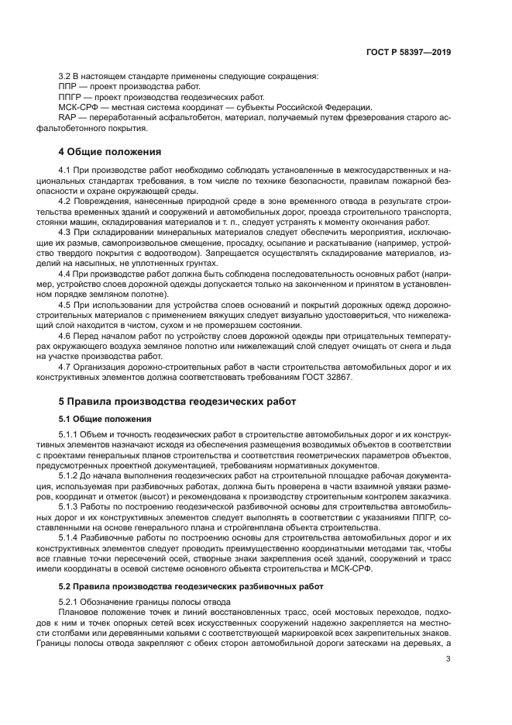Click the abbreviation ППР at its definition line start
(x=68, y=87)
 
